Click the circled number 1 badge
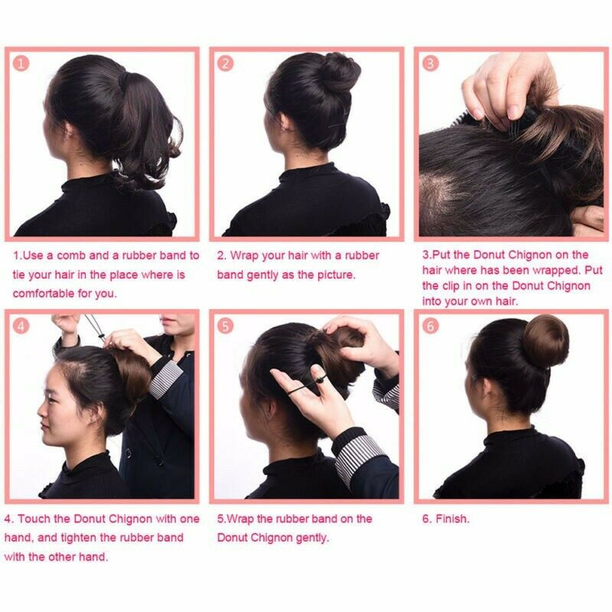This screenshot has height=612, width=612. [x=21, y=63]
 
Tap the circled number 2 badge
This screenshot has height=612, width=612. [x=225, y=63]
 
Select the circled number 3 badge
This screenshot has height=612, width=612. [x=431, y=63]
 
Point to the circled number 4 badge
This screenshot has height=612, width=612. [x=21, y=326]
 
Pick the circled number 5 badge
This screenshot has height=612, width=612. [x=225, y=326]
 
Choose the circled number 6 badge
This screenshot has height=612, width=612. [x=431, y=326]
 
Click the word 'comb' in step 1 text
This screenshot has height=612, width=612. [x=70, y=256]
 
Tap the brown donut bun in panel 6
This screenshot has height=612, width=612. [x=545, y=340]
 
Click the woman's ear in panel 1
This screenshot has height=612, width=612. [x=69, y=131]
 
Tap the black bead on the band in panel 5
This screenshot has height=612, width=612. [x=320, y=379]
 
